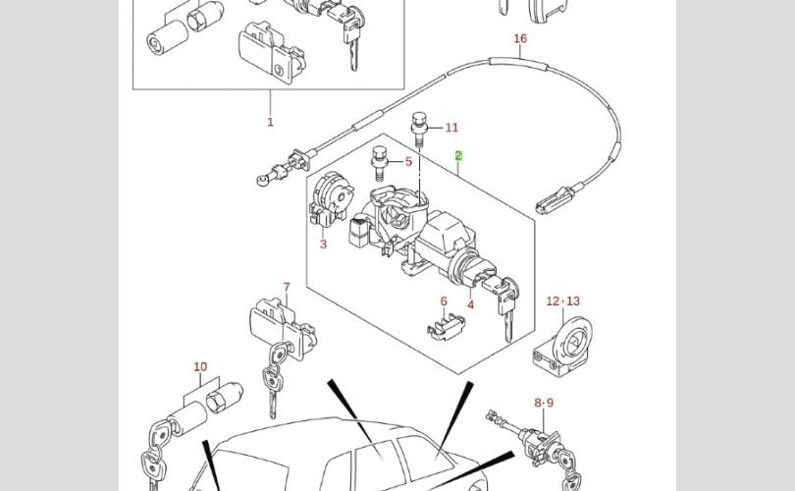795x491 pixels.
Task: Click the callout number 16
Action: pyautogui.click(x=520, y=39)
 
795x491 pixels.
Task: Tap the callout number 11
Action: pyautogui.click(x=451, y=128)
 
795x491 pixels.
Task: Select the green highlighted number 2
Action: pyautogui.click(x=457, y=156)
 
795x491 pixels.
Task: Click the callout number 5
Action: pyautogui.click(x=409, y=162)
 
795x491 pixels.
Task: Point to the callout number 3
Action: pyautogui.click(x=323, y=245)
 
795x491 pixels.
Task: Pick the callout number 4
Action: pyautogui.click(x=470, y=304)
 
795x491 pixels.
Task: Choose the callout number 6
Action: pyautogui.click(x=444, y=301)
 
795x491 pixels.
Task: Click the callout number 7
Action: pyautogui.click(x=287, y=288)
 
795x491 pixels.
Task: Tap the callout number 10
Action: pyautogui.click(x=200, y=367)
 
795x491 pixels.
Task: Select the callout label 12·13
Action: pyautogui.click(x=563, y=301)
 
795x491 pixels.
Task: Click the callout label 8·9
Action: pyautogui.click(x=544, y=403)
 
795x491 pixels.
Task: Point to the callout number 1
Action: pyautogui.click(x=270, y=123)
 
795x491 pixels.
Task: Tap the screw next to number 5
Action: pyautogui.click(x=379, y=159)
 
